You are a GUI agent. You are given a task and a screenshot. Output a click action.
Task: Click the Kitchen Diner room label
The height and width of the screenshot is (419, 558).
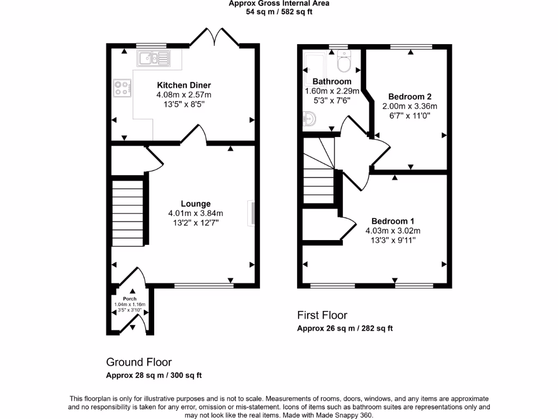pos(184,85)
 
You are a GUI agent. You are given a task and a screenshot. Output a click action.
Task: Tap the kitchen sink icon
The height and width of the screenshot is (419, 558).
pos(154,57)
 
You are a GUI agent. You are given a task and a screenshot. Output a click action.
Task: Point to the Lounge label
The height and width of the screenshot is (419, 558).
pos(196,204)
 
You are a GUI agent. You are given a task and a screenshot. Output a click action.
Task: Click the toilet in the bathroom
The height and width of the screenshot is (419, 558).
pos(344,63)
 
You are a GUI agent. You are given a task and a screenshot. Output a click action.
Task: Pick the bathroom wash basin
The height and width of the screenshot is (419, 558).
pos(308,118)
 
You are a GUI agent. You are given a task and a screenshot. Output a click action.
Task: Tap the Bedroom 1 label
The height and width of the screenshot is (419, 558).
pos(393,221)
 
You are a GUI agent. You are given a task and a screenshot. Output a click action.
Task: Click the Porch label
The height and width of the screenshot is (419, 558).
pos(130,298)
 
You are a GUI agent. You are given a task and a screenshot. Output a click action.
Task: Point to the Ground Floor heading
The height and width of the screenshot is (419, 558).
pos(138,362)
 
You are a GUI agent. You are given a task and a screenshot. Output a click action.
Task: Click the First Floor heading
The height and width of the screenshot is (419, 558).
pos(322,315)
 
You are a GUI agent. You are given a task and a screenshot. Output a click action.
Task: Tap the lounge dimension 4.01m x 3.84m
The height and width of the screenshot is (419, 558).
pos(196,213)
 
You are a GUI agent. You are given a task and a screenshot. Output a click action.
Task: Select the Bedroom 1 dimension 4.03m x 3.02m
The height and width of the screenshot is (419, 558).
pos(393,231)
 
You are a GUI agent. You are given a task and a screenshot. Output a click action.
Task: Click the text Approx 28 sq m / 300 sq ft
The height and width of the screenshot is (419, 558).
pos(154,375)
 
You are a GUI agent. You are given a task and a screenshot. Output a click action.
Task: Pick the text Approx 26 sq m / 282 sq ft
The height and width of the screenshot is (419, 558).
pos(345,328)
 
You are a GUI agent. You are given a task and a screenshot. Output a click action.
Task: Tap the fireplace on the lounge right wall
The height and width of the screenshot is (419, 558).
pos(252,213)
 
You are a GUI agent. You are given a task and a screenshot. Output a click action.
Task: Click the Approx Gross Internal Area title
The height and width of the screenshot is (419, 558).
pos(279,3)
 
